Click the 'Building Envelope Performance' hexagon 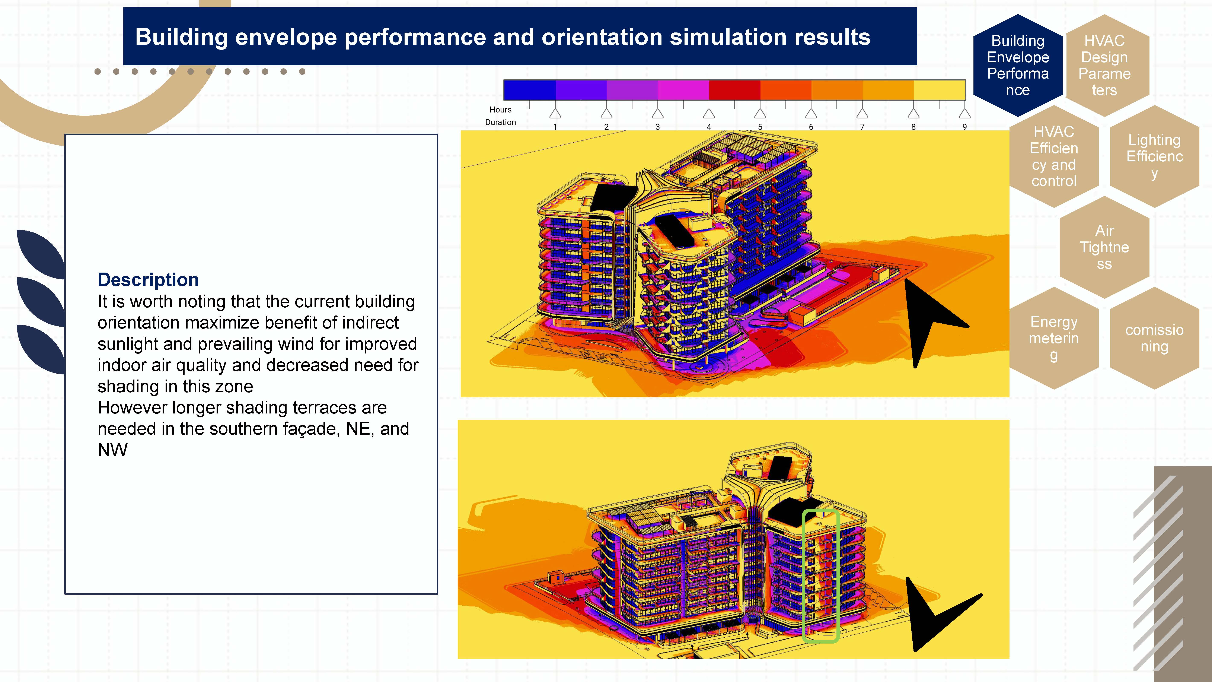coord(1018,65)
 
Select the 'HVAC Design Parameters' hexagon coord(1104,65)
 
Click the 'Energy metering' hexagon coord(1054,338)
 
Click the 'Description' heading coord(148,280)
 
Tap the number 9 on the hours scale coord(964,127)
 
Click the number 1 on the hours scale coord(555,127)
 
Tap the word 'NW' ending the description coord(112,450)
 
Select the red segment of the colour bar coord(734,90)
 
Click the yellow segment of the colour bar coord(939,90)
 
